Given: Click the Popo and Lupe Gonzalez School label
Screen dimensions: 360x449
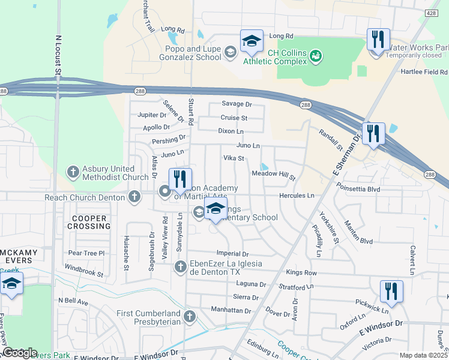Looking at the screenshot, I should (190, 52).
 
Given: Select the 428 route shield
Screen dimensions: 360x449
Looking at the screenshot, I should (430, 12).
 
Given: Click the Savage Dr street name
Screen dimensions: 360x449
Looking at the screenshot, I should (236, 104).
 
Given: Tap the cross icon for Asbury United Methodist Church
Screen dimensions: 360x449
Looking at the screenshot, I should (73, 172).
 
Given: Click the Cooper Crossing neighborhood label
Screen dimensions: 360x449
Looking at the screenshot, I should (91, 222).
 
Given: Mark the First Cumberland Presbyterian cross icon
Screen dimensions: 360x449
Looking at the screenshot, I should (190, 316).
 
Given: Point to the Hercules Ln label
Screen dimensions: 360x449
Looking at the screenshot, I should (297, 196).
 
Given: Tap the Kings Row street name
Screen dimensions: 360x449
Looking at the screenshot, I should (302, 272).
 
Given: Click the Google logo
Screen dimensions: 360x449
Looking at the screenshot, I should (19, 353).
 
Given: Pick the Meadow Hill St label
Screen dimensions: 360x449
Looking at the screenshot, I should (274, 174).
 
